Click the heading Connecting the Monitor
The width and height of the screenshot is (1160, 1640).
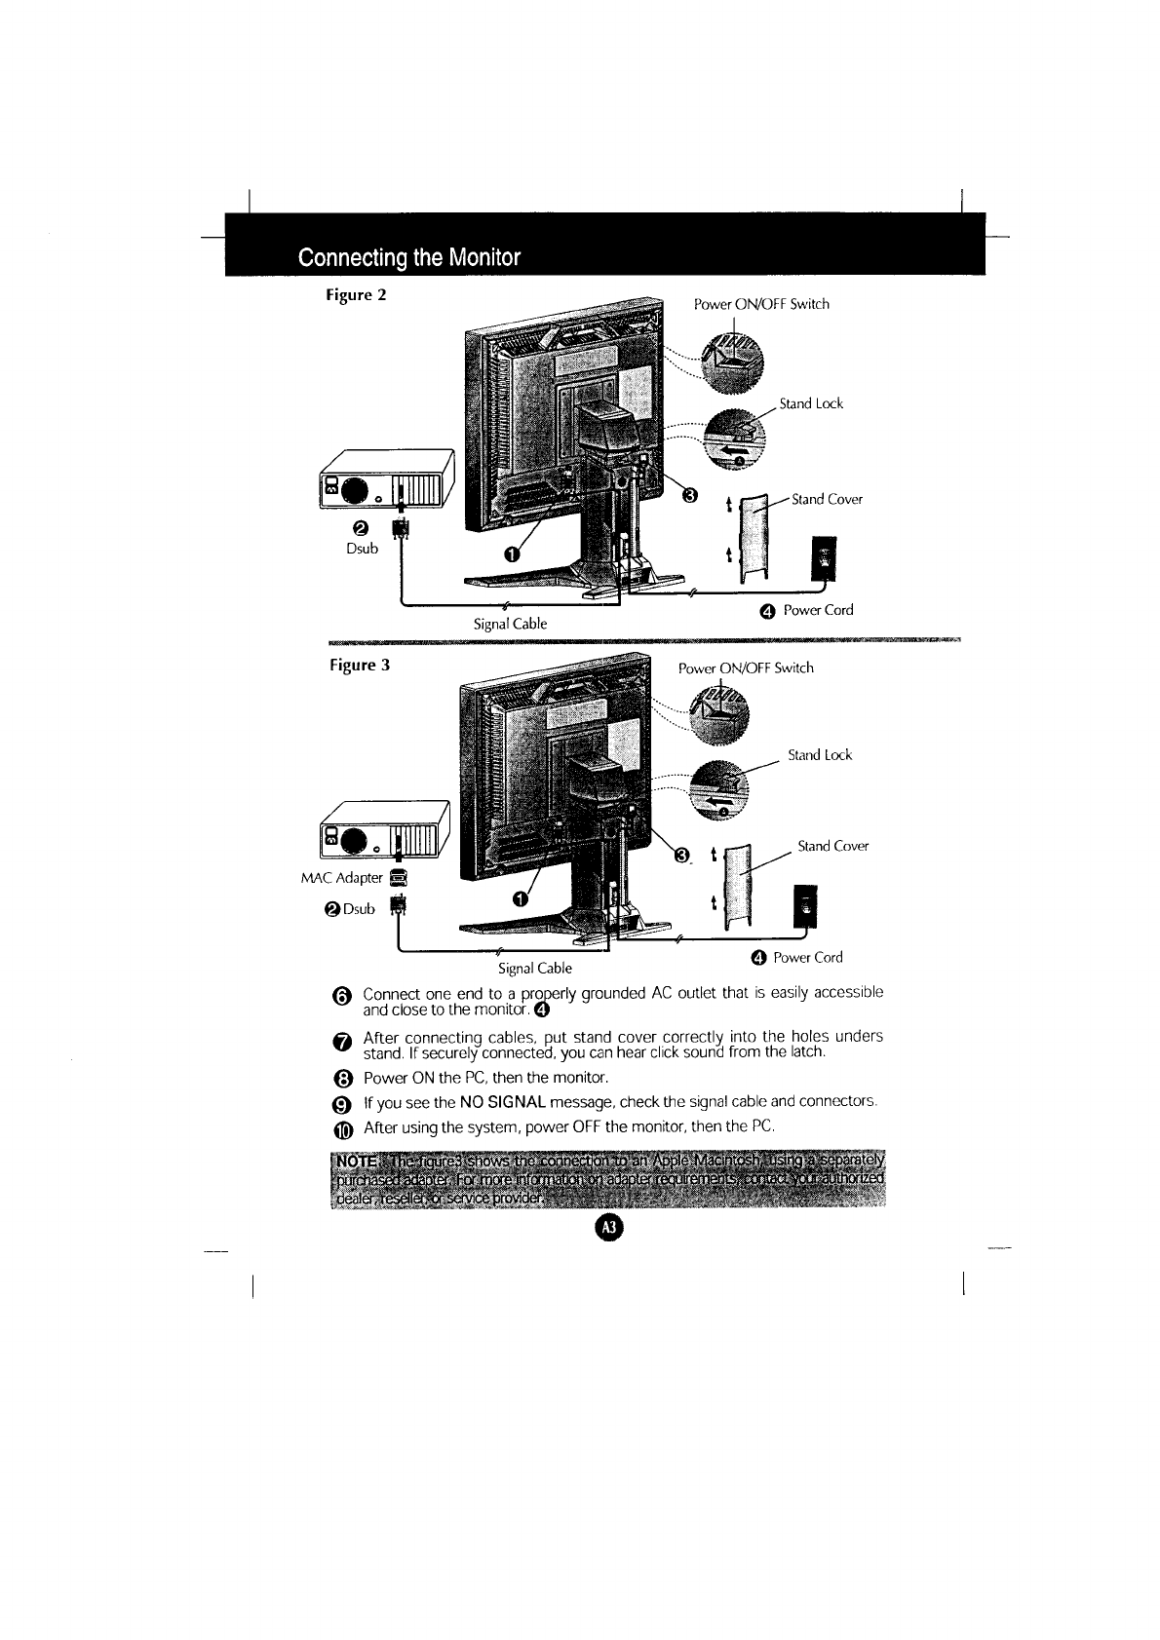point(409,258)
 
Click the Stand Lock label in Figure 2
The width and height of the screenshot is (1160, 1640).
point(811,403)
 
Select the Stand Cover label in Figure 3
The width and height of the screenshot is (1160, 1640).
point(832,846)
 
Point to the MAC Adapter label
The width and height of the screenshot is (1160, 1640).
point(341,877)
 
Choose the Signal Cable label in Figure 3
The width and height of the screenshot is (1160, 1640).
point(534,969)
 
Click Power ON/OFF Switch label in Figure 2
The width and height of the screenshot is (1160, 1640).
point(761,304)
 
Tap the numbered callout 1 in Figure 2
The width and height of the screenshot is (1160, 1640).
point(511,555)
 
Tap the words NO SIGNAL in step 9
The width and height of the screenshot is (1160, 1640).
point(501,1101)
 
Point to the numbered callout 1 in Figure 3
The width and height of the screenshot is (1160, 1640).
point(521,898)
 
